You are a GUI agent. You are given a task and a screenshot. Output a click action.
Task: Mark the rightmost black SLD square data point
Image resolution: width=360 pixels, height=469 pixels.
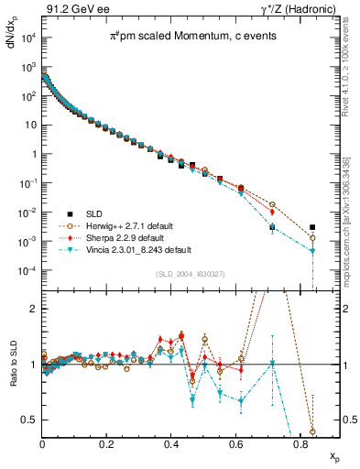coord(312,227)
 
